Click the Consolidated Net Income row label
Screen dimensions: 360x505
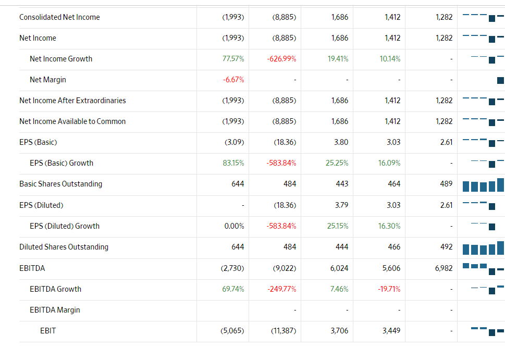(59, 17)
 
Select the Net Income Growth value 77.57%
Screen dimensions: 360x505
(233, 59)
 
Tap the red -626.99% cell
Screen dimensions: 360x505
(281, 59)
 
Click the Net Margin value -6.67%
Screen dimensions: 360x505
(233, 80)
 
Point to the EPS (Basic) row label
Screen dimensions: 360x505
(38, 142)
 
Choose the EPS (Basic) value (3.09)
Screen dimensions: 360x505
(233, 142)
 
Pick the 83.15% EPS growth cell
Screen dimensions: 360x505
(233, 163)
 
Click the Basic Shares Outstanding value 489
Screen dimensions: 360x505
(446, 184)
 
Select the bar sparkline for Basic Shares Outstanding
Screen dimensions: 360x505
(483, 185)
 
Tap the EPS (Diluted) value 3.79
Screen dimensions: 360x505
(341, 205)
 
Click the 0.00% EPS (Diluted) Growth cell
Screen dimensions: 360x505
(234, 226)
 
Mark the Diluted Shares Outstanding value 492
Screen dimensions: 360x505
(446, 247)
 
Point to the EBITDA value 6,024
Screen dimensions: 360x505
(339, 268)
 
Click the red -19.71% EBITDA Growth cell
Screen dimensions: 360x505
(389, 289)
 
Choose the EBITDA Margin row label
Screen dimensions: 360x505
(55, 310)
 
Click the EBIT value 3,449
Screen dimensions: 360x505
(391, 331)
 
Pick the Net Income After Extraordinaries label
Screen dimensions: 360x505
(72, 101)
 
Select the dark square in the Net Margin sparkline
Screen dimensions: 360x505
(500, 80)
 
